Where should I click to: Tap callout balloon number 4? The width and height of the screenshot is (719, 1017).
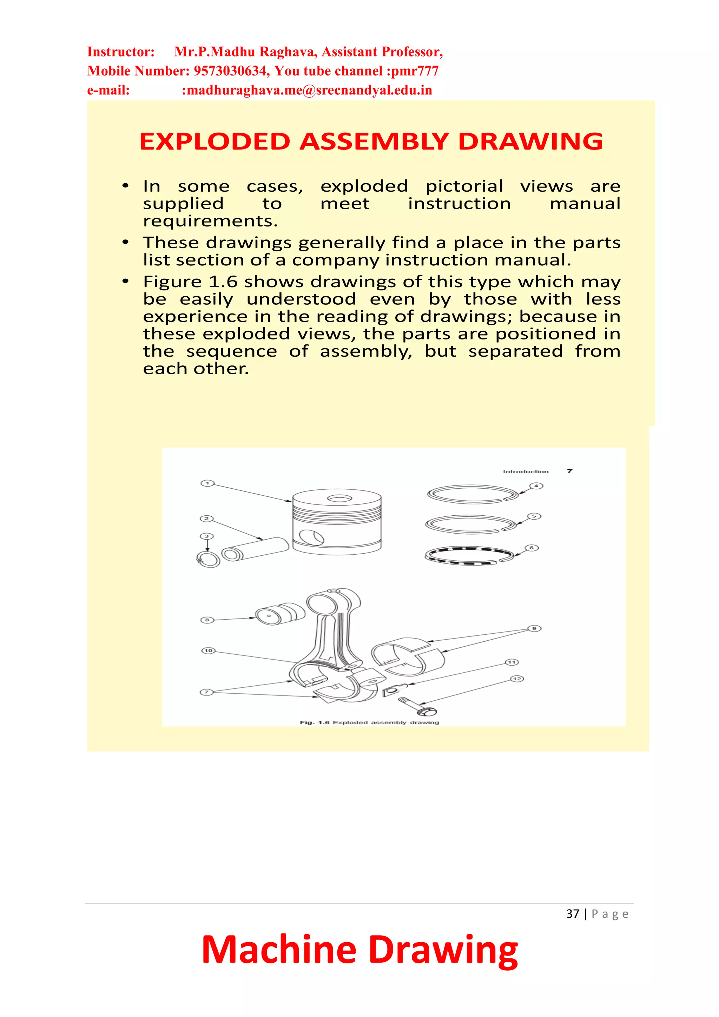pyautogui.click(x=536, y=486)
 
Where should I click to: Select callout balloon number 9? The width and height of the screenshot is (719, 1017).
pyautogui.click(x=534, y=628)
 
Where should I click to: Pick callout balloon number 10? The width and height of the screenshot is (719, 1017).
pyautogui.click(x=208, y=650)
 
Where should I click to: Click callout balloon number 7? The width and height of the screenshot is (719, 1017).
pyautogui.click(x=206, y=692)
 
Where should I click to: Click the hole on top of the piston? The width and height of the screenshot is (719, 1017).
pyautogui.click(x=339, y=499)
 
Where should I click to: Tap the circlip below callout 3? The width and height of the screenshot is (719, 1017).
pyautogui.click(x=209, y=560)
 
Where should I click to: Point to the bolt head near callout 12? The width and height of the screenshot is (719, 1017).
pyautogui.click(x=428, y=711)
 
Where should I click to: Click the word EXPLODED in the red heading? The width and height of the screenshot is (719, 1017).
pyautogui.click(x=215, y=142)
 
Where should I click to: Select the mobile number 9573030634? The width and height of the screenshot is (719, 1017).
pyautogui.click(x=230, y=71)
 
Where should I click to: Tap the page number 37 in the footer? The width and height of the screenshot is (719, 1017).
pyautogui.click(x=572, y=914)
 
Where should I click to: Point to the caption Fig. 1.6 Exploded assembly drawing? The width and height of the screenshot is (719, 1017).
pyautogui.click(x=369, y=722)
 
